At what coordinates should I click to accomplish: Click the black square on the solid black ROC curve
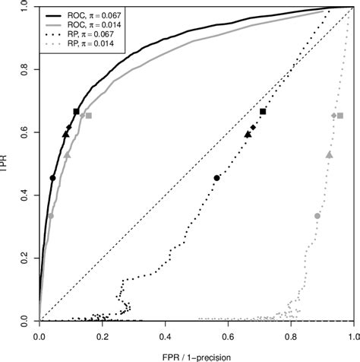(76, 112)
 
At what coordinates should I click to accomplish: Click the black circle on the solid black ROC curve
(52, 178)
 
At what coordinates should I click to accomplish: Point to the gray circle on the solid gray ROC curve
(51, 216)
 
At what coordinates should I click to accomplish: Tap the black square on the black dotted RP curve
(263, 112)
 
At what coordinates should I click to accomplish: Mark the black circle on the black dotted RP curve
(217, 178)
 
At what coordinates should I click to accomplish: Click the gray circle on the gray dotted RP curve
(317, 216)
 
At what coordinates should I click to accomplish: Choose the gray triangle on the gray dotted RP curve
(329, 154)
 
